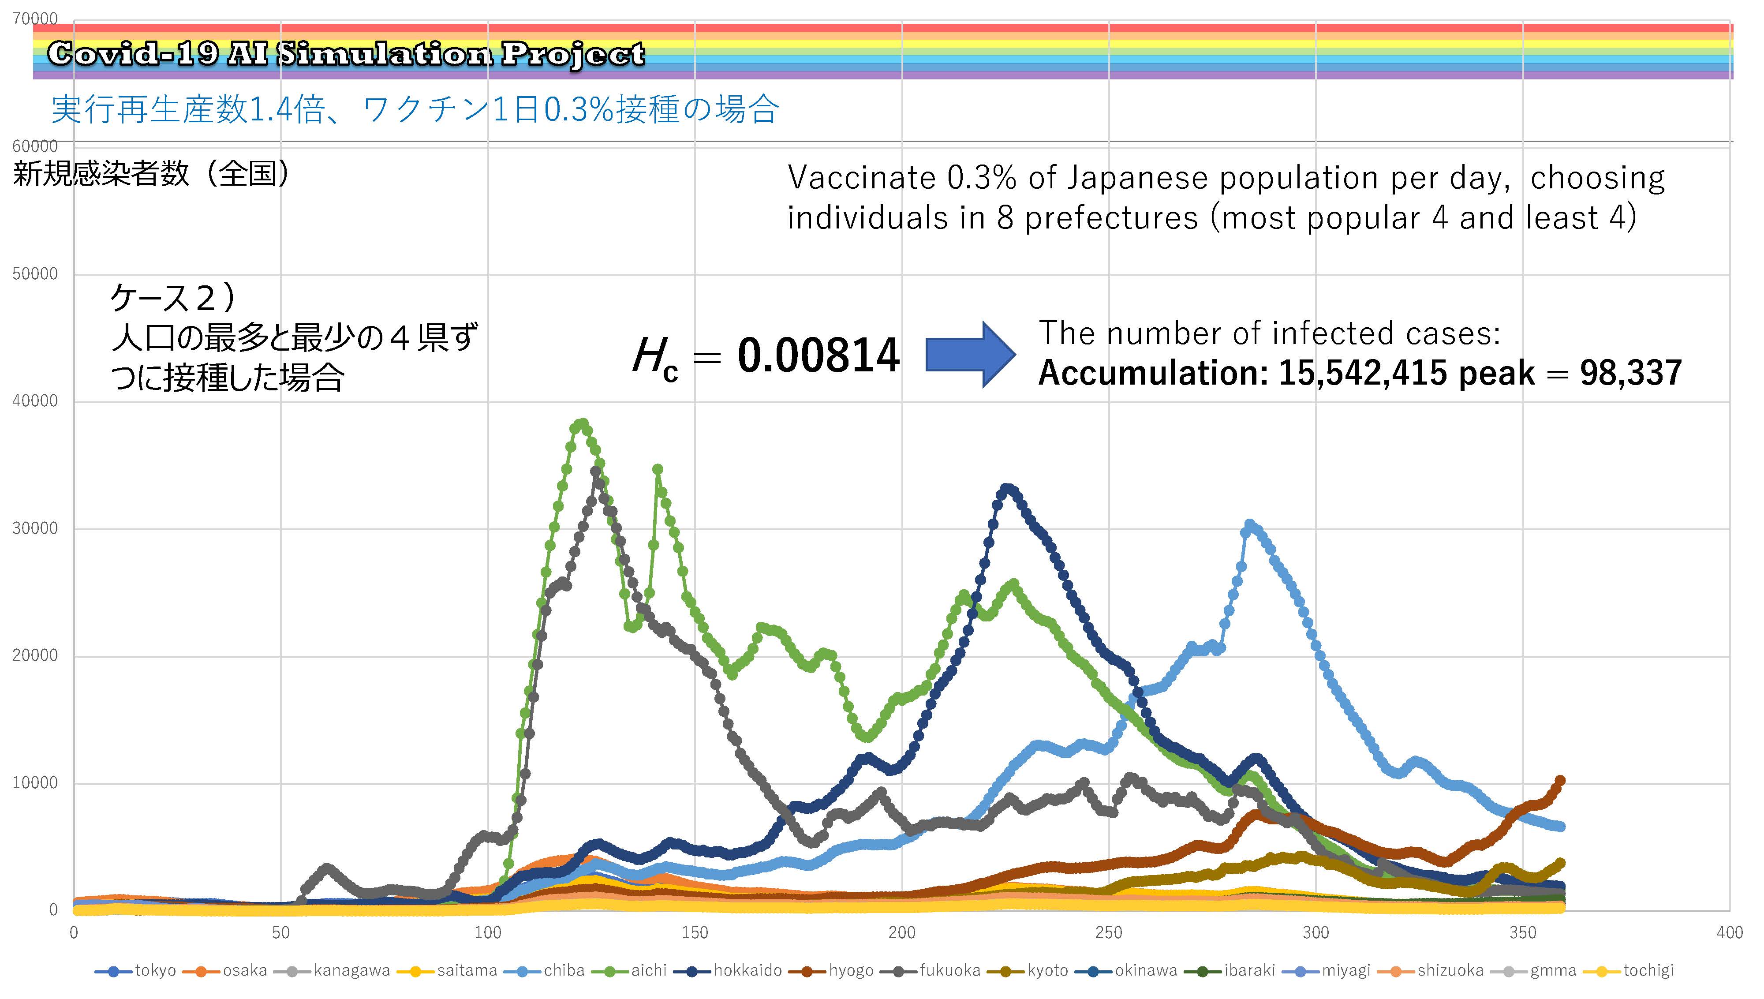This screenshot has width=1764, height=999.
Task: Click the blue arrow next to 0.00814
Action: tap(970, 355)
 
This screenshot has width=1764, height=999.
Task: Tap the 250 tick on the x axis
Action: tap(1109, 932)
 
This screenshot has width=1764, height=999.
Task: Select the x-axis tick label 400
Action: tap(1730, 932)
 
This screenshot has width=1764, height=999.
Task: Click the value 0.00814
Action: tap(818, 355)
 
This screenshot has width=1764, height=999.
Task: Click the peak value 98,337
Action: tap(1631, 373)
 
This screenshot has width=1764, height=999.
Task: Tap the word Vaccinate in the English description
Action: tap(861, 178)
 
